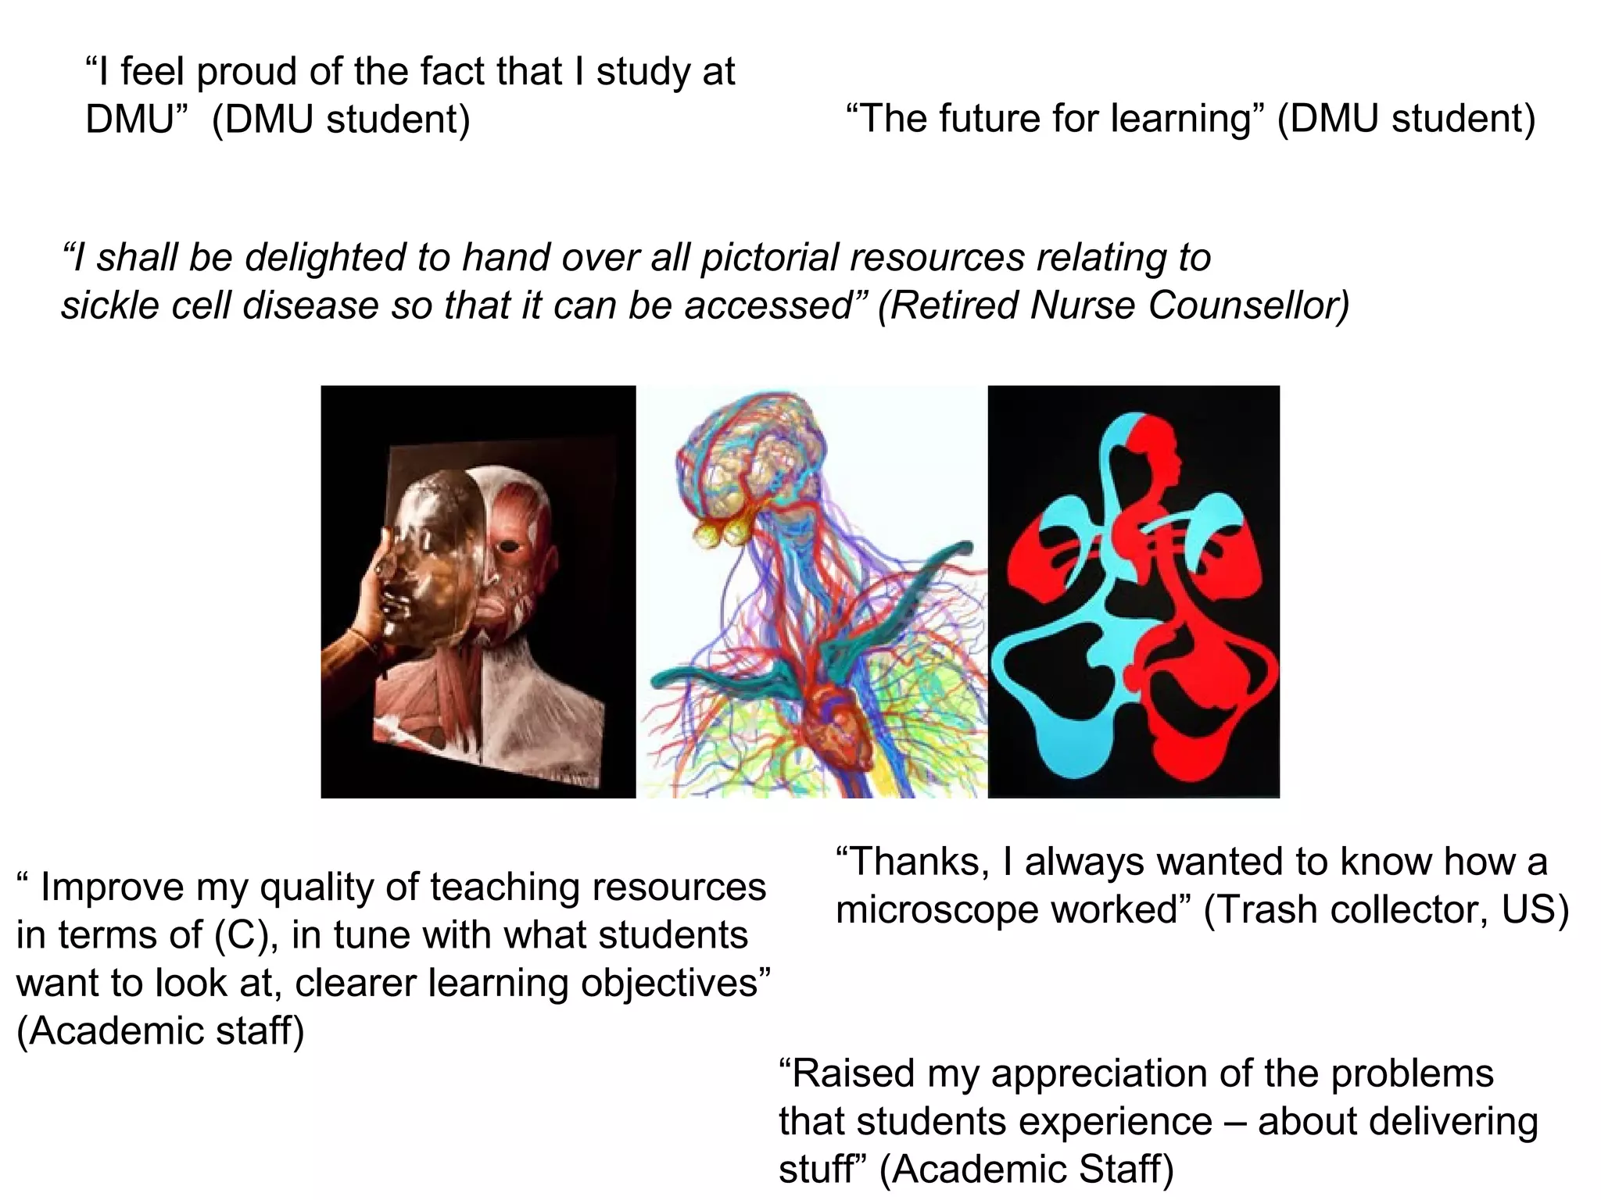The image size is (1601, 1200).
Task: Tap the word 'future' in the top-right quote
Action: click(987, 120)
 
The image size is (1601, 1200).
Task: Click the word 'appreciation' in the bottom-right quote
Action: click(1098, 1073)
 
